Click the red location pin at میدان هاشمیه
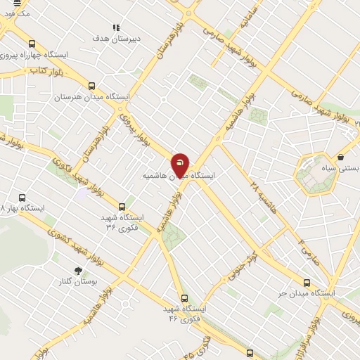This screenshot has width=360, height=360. pyautogui.click(x=180, y=164)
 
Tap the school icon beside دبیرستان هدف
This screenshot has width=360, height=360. pyautogui.click(x=116, y=27)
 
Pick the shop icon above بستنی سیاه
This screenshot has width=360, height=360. pyautogui.click(x=341, y=157)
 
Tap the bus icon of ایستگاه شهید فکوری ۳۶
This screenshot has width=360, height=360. pyautogui.click(x=122, y=207)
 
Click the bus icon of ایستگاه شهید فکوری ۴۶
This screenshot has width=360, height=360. pyautogui.click(x=185, y=298)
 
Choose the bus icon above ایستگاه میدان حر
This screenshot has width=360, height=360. pyautogui.click(x=306, y=281)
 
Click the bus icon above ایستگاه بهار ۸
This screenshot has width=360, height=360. pyautogui.click(x=22, y=198)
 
